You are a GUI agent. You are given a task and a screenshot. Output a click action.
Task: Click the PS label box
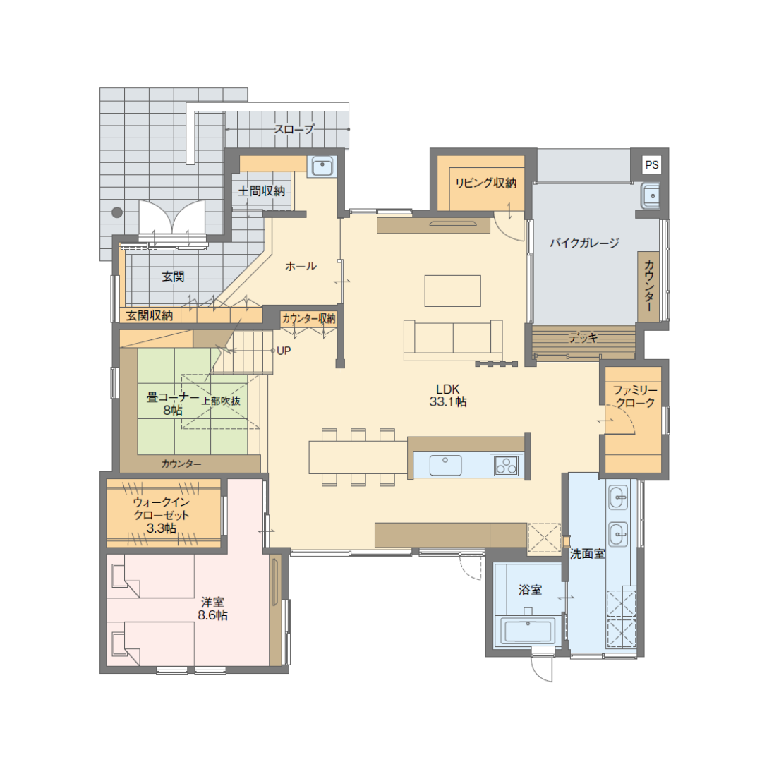652,164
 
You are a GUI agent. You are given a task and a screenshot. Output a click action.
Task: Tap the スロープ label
294,129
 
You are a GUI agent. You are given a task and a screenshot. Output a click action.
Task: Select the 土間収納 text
262,191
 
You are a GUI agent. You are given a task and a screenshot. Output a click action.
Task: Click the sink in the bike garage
650,195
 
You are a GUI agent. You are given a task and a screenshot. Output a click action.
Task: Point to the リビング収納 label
485,183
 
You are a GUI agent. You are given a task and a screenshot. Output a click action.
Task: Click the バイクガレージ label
585,243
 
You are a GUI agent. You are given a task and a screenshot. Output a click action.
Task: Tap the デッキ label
583,337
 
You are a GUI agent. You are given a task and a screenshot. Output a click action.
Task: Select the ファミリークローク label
635,397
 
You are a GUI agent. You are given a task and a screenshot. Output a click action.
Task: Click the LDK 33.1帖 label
448,395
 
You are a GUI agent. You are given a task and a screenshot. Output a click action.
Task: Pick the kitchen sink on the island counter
445,465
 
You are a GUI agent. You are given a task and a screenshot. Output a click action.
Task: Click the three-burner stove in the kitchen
506,466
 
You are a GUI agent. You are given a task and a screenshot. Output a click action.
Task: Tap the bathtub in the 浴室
528,631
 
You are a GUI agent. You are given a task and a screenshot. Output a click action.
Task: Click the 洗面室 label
587,554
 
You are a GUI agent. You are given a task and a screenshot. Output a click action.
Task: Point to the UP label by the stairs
284,351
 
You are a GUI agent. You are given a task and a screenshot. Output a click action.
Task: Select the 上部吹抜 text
221,401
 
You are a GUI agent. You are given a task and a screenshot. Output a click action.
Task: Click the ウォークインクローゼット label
162,514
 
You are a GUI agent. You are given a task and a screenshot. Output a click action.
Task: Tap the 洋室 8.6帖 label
212,608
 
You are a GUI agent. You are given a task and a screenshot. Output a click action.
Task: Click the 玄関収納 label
149,315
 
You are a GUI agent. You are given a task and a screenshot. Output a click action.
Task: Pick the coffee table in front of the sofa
452,291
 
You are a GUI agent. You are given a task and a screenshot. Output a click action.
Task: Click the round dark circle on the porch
117,212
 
